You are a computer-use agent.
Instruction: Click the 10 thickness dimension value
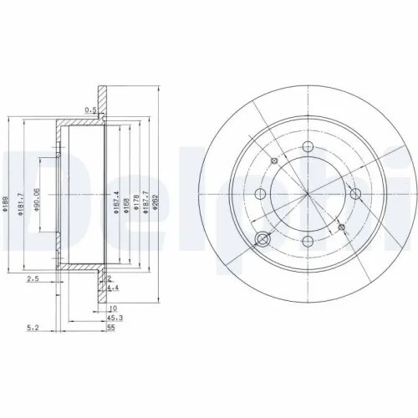point(112,308)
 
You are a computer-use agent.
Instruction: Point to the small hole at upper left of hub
point(273,161)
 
